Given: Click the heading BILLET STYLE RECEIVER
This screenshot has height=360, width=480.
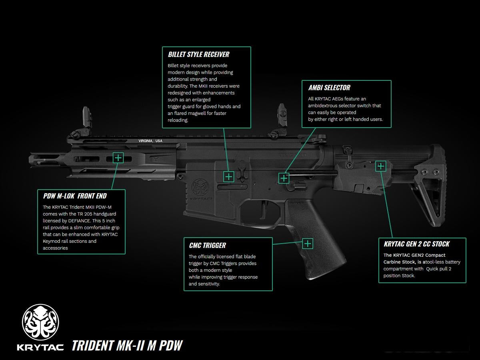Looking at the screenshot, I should pyautogui.click(x=198, y=54).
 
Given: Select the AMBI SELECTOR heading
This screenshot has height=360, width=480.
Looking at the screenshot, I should pyautogui.click(x=329, y=88).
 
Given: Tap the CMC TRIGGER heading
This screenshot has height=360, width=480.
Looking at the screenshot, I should pyautogui.click(x=207, y=245).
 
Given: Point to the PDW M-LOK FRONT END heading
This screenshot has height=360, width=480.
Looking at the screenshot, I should pyautogui.click(x=75, y=196).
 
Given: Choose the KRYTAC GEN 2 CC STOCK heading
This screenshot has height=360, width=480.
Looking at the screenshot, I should pyautogui.click(x=416, y=244).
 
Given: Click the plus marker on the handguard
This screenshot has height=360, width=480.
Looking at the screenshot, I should pyautogui.click(x=118, y=158).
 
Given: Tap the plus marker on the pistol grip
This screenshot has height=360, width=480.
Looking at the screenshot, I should pyautogui.click(x=307, y=243).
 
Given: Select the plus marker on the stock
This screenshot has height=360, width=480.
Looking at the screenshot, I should pyautogui.click(x=380, y=166).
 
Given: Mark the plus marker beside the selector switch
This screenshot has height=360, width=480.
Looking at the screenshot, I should pyautogui.click(x=284, y=178).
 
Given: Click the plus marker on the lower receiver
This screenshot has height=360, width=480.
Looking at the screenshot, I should pyautogui.click(x=228, y=177).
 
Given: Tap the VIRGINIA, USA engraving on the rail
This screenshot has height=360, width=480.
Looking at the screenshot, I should pyautogui.click(x=150, y=141).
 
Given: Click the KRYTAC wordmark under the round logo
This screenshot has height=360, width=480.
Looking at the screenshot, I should pyautogui.click(x=40, y=346).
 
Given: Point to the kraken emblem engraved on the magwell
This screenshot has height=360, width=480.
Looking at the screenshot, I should pyautogui.click(x=199, y=187).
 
